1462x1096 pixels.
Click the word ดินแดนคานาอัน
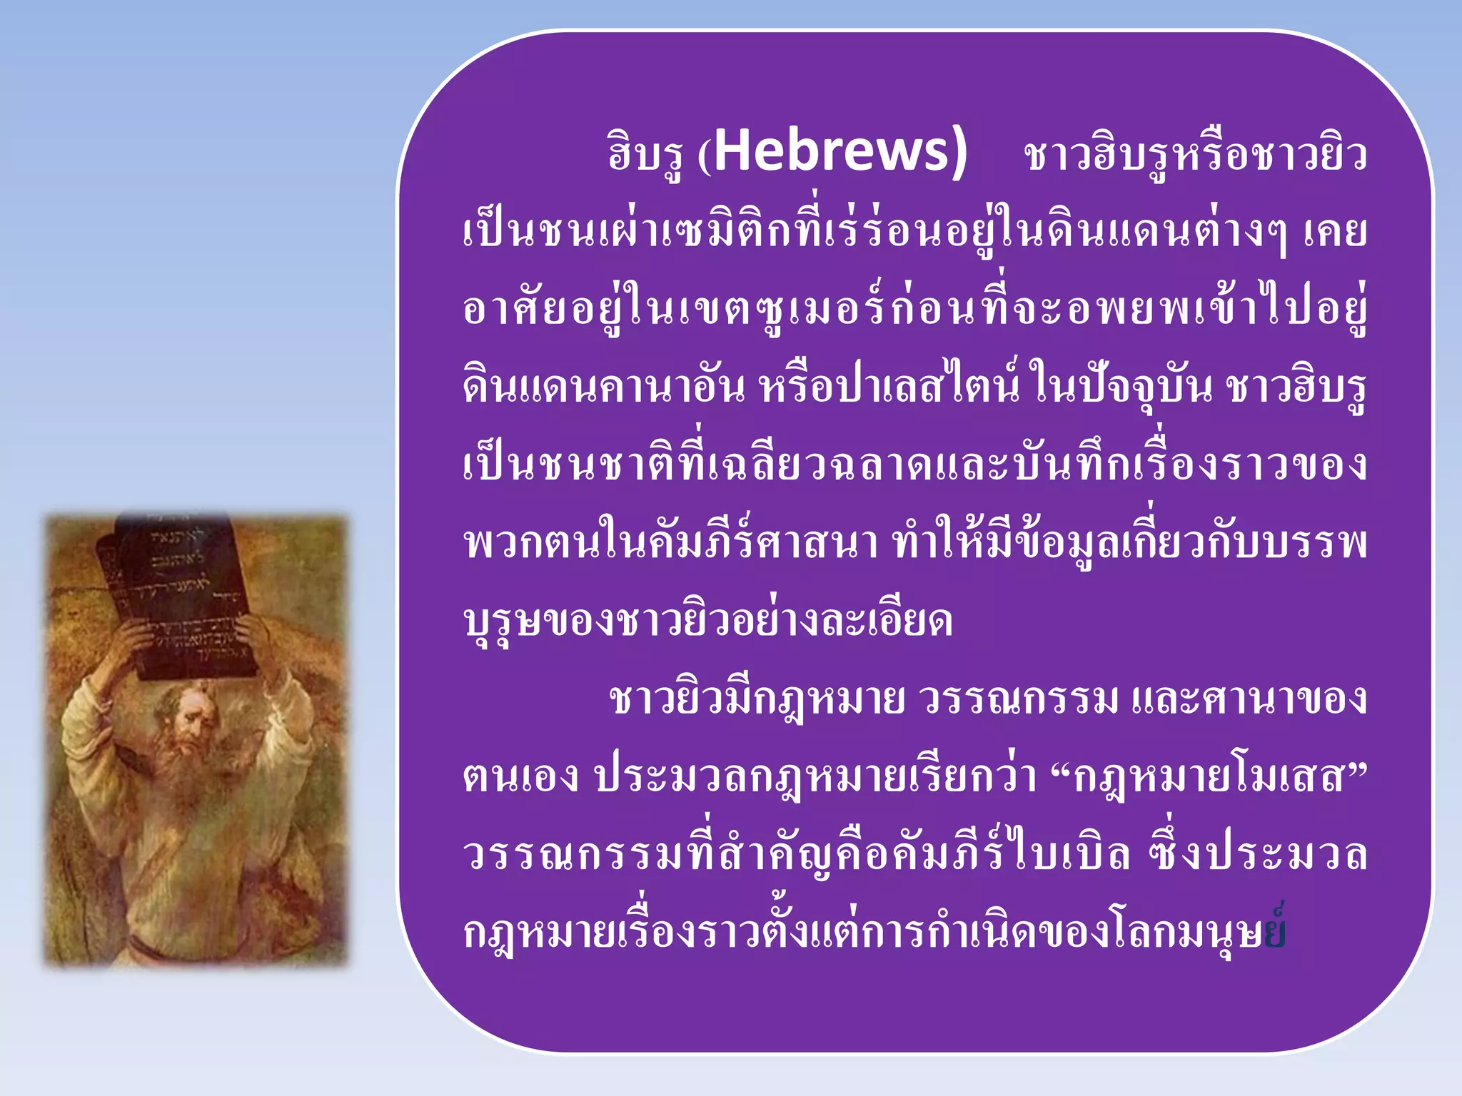pos(603,387)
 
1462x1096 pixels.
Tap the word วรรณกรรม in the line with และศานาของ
pos(1019,699)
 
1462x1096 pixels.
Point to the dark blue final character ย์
pos(1275,931)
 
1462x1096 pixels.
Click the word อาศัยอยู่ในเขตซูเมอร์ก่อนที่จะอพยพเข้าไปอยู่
pos(914,310)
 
